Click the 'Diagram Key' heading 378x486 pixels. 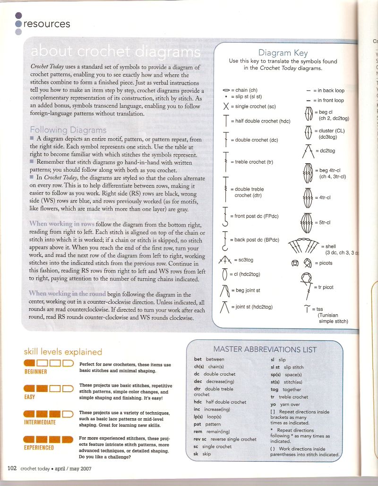tap(283, 53)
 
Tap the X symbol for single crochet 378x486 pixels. tap(226, 106)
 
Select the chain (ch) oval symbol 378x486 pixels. tap(226, 90)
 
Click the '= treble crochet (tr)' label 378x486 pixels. tap(250, 162)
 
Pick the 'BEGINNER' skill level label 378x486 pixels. tap(36, 371)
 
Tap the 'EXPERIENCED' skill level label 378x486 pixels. tap(39, 447)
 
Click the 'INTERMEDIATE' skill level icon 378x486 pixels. tap(47, 414)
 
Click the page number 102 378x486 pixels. tap(12, 468)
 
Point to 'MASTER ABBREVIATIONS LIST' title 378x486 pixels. tap(265, 350)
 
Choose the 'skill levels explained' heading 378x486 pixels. tap(63, 352)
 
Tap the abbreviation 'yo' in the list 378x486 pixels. tap(273, 405)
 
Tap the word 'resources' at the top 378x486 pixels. tap(47, 23)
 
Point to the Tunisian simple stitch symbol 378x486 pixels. tap(308, 309)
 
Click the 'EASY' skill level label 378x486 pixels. tap(29, 397)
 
